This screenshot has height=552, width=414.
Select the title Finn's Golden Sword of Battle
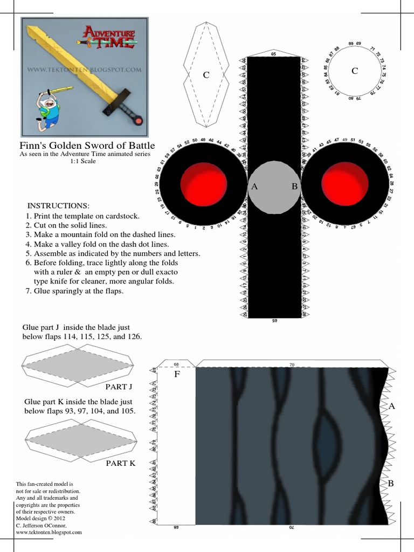87,146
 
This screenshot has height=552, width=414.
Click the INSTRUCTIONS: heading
58,206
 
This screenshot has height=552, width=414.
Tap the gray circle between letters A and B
274,187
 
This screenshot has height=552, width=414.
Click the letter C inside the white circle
354,71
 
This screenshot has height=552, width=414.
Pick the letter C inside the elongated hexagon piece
205,75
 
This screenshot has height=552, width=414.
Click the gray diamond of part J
77,365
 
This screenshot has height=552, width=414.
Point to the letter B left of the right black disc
294,187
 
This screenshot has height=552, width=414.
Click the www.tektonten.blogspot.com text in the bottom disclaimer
49,532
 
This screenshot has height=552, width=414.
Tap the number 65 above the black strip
273,54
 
